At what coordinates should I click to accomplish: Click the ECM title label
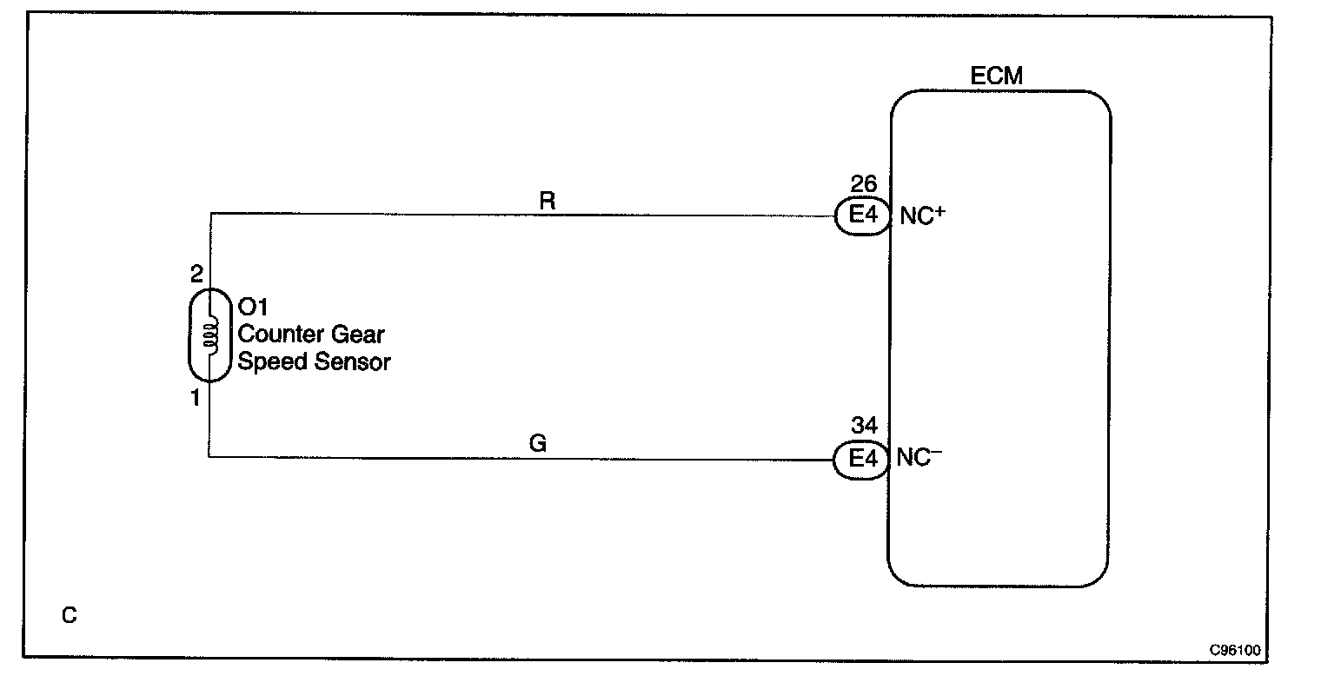pos(996,76)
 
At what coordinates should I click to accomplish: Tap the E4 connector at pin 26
pos(862,215)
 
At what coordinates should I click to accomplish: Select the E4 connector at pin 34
pos(861,460)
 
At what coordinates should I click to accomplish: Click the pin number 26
pos(864,184)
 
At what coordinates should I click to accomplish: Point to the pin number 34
pos(864,426)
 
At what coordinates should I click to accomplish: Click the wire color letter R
pos(547,201)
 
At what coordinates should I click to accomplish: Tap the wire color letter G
pos(538,444)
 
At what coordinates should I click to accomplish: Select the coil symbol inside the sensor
pos(209,336)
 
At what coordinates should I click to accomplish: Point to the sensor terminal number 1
pos(196,398)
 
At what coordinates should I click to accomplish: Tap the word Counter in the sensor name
pos(281,335)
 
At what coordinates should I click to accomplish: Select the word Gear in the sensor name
pos(358,335)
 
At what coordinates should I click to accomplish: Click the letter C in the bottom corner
pos(70,616)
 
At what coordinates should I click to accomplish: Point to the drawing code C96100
pos(1236,650)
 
